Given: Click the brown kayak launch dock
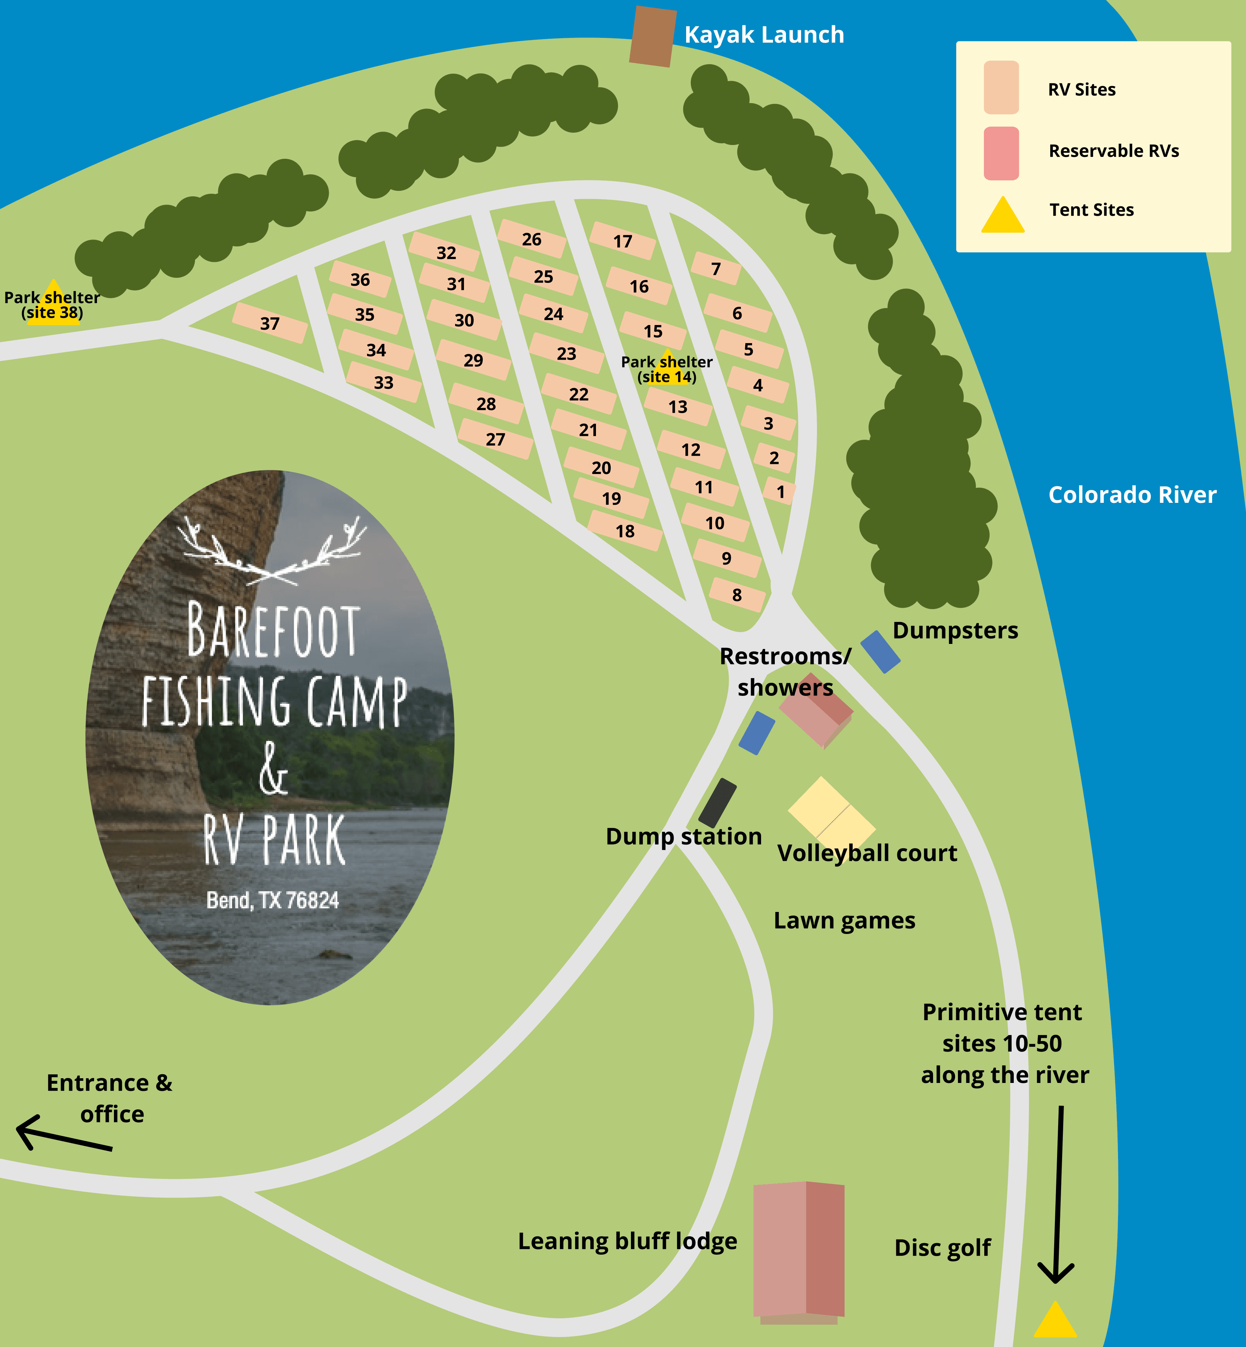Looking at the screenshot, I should tap(653, 36).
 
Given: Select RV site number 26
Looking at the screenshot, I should tap(531, 239).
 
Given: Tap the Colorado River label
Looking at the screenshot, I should tap(1132, 495).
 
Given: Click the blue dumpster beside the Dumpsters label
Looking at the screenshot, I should tap(880, 651).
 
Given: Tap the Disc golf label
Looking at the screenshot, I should tap(942, 1247).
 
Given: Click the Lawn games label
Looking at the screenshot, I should tap(844, 920).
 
